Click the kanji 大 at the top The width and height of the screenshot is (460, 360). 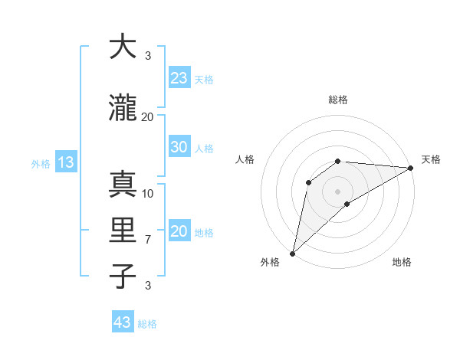click(123, 47)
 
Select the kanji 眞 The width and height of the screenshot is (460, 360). click(123, 184)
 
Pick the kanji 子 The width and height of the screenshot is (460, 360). click(123, 277)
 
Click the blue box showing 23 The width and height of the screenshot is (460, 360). click(179, 78)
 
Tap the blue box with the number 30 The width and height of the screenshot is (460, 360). click(179, 147)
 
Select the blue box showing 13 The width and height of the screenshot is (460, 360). click(65, 162)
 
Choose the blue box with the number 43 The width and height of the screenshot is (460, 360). click(123, 322)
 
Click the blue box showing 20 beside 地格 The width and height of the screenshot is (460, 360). click(179, 231)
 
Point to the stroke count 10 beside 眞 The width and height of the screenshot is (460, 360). click(148, 193)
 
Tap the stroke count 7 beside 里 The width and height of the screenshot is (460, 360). click(148, 240)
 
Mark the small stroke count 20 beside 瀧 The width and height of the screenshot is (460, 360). click(148, 116)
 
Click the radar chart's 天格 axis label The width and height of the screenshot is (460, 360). click(431, 159)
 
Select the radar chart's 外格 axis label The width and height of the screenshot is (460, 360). click(269, 262)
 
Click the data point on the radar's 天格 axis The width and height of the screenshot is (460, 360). click(412, 168)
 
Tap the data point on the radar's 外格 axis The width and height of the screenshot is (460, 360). click(292, 253)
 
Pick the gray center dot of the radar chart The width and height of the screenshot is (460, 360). click(337, 191)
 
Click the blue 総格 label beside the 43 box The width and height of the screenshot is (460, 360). click(147, 324)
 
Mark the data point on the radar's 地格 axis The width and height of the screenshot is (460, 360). click(347, 204)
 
